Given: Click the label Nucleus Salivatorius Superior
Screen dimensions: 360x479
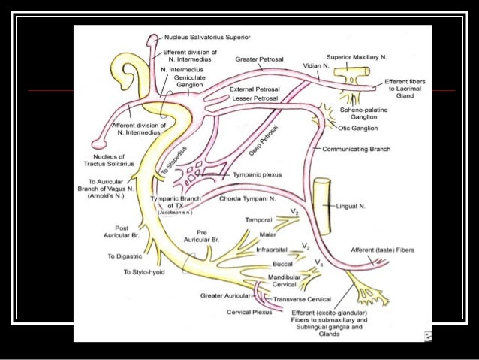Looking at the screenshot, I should click(207, 36).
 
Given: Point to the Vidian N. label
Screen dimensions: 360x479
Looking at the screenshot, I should click(316, 65).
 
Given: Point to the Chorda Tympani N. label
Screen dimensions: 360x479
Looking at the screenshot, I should click(248, 199).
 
